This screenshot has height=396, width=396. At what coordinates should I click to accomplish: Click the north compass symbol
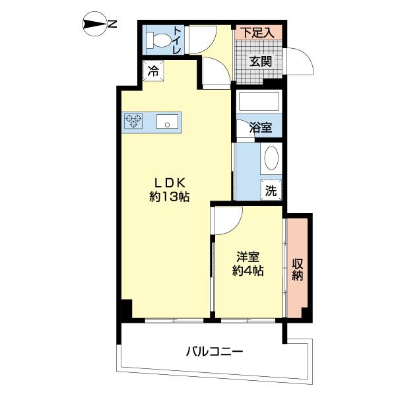point(96,26)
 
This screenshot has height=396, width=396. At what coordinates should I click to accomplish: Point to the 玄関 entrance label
point(261,62)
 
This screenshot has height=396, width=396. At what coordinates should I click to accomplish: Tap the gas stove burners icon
point(134,121)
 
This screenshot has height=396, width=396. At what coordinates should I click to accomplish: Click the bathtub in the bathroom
point(259,103)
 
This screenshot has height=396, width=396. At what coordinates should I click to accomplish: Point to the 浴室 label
point(261,128)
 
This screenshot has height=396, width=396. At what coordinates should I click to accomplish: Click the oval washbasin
point(271,160)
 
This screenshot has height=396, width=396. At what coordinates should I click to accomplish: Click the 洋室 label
point(247,257)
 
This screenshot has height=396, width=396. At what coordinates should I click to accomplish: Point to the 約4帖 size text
point(247,271)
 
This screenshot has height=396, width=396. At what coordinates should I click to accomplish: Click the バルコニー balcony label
point(214,351)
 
